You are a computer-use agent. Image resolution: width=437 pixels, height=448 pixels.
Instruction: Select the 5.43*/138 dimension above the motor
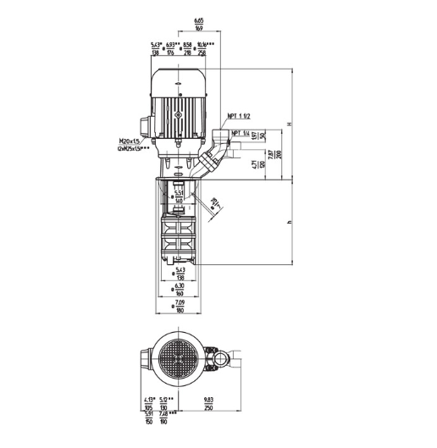(x=156, y=48)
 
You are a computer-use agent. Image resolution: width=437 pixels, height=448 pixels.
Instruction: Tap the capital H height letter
(x=290, y=124)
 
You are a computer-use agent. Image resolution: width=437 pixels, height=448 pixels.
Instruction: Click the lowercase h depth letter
(x=290, y=222)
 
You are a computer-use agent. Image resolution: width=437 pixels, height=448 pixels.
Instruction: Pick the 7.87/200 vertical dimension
(x=270, y=154)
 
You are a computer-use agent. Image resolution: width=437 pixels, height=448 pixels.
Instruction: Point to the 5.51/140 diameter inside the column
(x=179, y=197)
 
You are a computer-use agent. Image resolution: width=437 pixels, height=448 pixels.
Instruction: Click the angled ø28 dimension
(x=215, y=202)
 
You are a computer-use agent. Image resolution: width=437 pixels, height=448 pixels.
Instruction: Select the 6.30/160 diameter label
(x=179, y=289)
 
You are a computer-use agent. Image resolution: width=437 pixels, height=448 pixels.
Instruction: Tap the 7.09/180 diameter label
(x=179, y=307)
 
